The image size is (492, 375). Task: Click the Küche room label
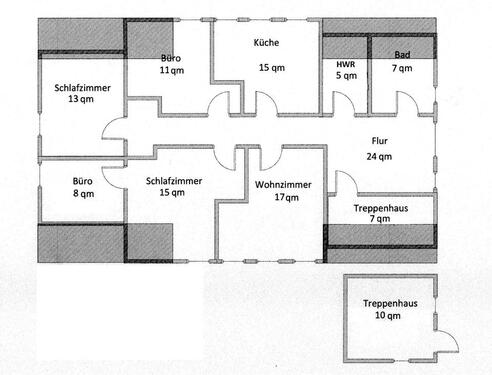point(267,43)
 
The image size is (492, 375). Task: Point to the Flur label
point(379,141)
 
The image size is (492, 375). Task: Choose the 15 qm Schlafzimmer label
point(174,181)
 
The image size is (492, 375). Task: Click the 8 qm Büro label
point(81,182)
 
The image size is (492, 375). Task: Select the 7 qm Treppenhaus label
point(378,208)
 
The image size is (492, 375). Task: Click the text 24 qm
point(380,156)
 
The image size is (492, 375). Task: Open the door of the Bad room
point(405,104)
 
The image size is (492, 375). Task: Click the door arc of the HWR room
point(345,104)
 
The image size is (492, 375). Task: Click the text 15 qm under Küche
point(267,68)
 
